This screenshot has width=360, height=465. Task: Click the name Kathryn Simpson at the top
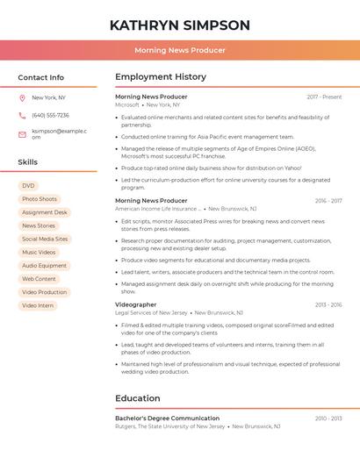[x=180, y=25]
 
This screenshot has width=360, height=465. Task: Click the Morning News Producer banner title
[x=180, y=50]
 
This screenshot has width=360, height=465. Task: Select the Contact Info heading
[x=40, y=77]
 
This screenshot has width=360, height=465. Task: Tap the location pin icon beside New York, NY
[x=22, y=97]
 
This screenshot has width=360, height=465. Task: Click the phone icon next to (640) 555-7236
[x=22, y=115]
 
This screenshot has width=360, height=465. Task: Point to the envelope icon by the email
[x=22, y=134]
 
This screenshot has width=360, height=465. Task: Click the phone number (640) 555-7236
[x=50, y=115]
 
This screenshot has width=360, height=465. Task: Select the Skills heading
[x=27, y=162]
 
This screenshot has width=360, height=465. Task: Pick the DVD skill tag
[x=29, y=186]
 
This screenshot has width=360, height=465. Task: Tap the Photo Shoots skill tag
[x=40, y=199]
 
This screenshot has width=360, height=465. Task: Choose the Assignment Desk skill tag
[x=44, y=212]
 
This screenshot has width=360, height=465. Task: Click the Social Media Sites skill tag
[x=45, y=239]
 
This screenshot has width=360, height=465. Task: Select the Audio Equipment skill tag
[x=44, y=265]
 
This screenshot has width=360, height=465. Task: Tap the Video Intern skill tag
[x=38, y=305]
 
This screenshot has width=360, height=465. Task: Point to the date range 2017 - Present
[x=324, y=97]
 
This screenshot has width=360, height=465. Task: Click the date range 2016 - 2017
[x=328, y=201]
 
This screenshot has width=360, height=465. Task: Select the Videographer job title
[x=135, y=304]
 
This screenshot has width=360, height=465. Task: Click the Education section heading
[x=137, y=398]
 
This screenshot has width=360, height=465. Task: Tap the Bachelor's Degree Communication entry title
[x=167, y=418]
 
